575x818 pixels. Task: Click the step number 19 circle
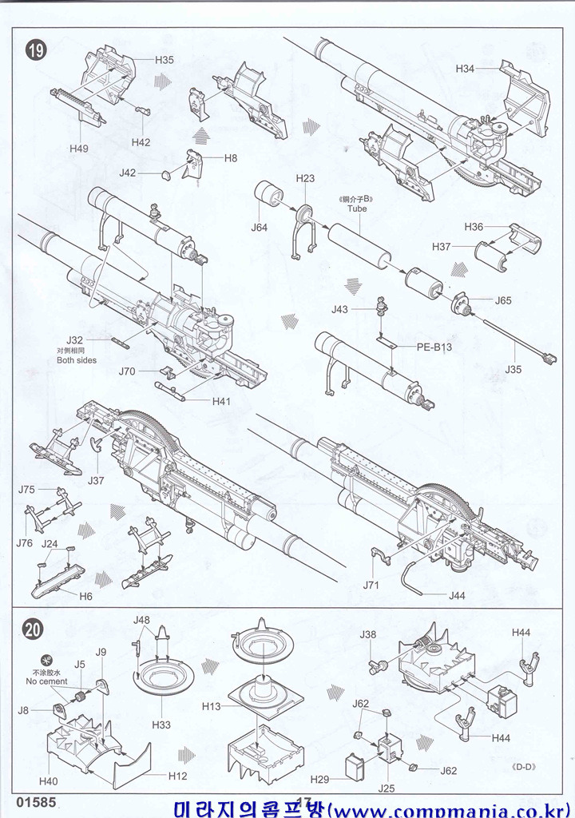click(x=36, y=50)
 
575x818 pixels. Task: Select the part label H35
click(x=165, y=60)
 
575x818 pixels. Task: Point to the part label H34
click(x=466, y=69)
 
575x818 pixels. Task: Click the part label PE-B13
click(x=434, y=347)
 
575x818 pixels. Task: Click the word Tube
click(x=356, y=208)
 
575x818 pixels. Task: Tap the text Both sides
click(x=77, y=360)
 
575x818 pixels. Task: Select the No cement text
click(x=47, y=681)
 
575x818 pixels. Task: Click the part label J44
click(x=457, y=595)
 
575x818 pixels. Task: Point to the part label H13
click(x=212, y=706)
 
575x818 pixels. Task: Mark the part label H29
click(x=319, y=780)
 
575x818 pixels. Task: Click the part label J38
click(x=368, y=634)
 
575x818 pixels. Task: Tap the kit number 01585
click(x=34, y=802)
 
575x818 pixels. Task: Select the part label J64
click(x=259, y=228)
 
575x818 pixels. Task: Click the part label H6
click(x=85, y=596)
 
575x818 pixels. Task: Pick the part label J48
click(x=141, y=620)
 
